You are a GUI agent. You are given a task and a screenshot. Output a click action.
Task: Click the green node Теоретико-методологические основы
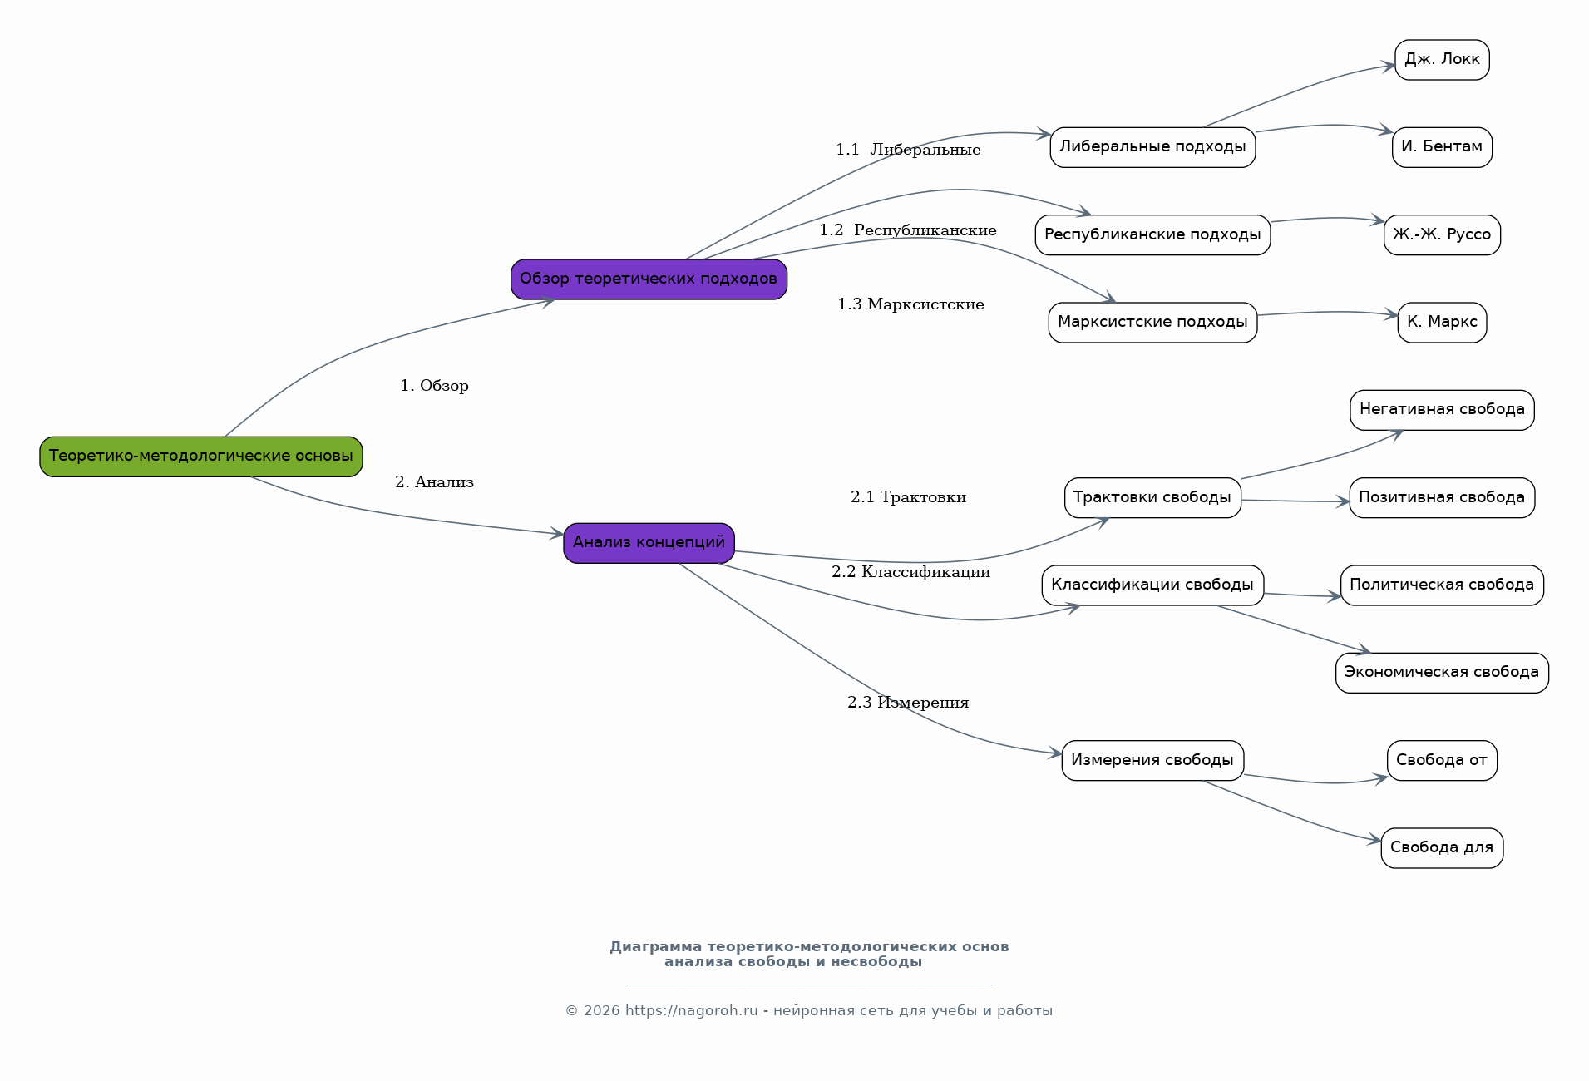(201, 457)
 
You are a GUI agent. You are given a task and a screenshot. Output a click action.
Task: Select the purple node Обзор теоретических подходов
(649, 279)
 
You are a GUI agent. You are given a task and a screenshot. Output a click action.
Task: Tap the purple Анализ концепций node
(649, 543)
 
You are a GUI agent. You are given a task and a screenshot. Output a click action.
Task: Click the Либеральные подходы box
(1152, 147)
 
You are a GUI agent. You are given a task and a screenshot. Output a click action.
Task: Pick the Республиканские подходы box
(1152, 235)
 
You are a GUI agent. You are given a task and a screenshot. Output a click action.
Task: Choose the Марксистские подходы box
(1152, 323)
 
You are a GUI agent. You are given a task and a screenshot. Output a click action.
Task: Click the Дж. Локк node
(1442, 60)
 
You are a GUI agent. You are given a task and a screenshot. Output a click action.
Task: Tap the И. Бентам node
(1442, 147)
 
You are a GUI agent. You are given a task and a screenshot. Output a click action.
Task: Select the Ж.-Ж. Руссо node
(1442, 235)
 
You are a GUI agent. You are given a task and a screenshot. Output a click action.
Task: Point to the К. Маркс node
(1442, 323)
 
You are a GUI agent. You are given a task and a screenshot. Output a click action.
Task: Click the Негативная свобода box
(1442, 410)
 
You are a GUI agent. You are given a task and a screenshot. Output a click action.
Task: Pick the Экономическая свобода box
(1442, 673)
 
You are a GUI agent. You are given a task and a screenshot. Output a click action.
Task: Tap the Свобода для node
(1442, 848)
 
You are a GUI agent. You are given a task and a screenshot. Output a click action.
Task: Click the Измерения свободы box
(1152, 761)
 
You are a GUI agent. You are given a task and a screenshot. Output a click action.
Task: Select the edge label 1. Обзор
(434, 386)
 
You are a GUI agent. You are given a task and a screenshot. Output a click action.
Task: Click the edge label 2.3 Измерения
(908, 703)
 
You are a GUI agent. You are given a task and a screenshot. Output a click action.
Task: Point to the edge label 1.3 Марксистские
(910, 304)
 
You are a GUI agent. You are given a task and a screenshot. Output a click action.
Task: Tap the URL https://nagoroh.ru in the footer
(692, 1011)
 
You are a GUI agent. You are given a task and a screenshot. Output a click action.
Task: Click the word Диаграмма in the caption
(656, 947)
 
